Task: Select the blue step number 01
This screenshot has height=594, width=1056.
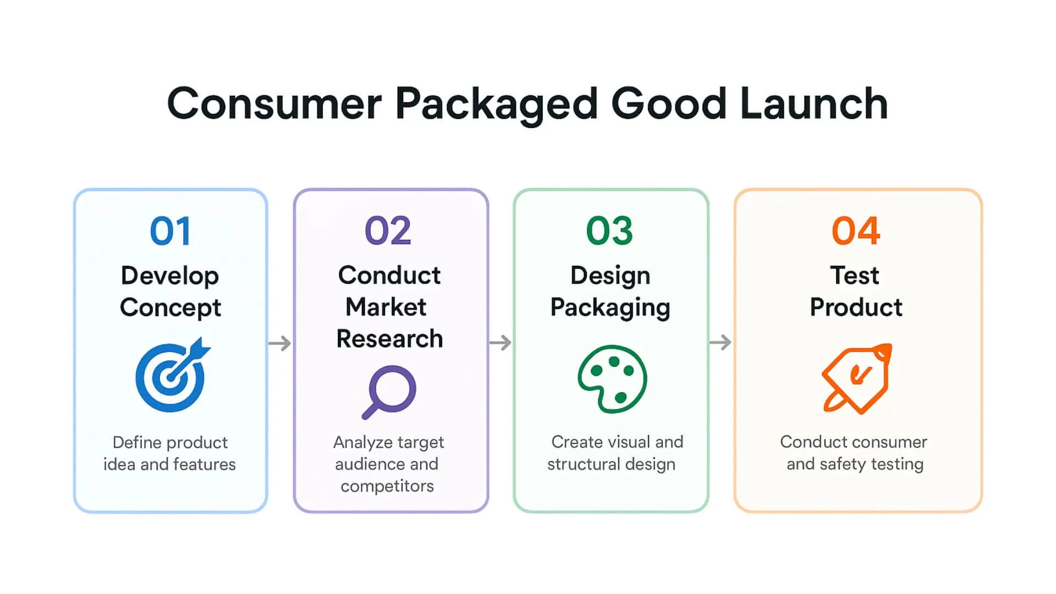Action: click(x=170, y=231)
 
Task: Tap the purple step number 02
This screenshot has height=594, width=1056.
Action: click(x=388, y=231)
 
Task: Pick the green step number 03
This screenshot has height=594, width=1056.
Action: click(x=609, y=231)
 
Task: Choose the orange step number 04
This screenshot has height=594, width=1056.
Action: click(x=856, y=231)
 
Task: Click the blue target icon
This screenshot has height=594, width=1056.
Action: click(x=172, y=376)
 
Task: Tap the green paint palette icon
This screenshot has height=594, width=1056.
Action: click(x=612, y=379)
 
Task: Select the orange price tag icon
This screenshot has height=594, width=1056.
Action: click(x=856, y=378)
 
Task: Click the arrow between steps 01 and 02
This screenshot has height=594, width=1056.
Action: click(x=280, y=343)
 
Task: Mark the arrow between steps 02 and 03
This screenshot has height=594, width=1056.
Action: click(x=500, y=343)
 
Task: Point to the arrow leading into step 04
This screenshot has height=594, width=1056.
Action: click(x=720, y=343)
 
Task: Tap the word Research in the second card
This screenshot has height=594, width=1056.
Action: click(x=389, y=339)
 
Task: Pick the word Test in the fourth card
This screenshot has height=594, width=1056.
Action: click(x=855, y=275)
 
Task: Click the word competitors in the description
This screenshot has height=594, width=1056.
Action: click(x=387, y=486)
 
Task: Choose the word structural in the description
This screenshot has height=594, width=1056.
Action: click(x=584, y=464)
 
